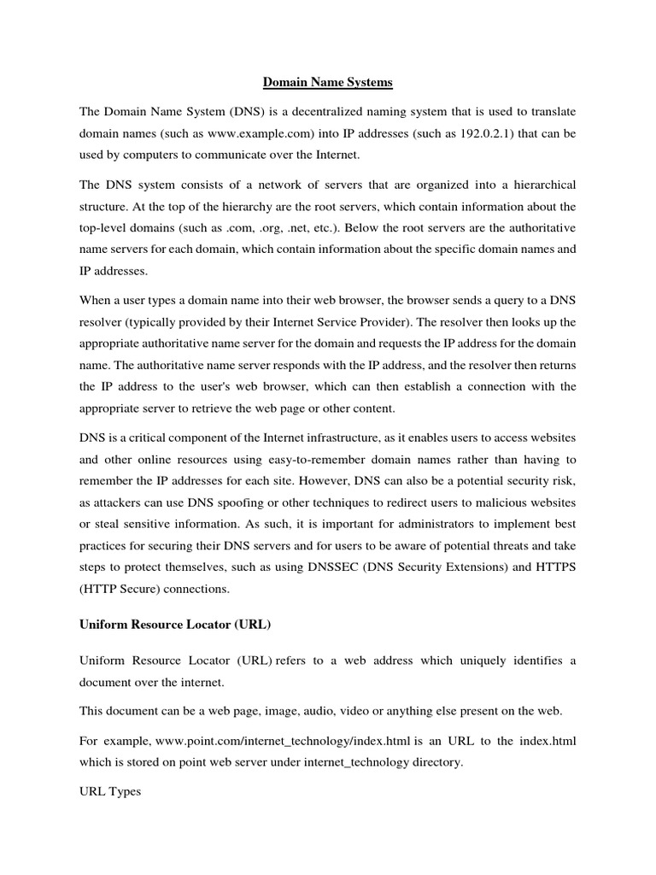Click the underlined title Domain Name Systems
(327, 83)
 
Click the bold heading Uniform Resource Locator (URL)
(175, 625)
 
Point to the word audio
(312, 711)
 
